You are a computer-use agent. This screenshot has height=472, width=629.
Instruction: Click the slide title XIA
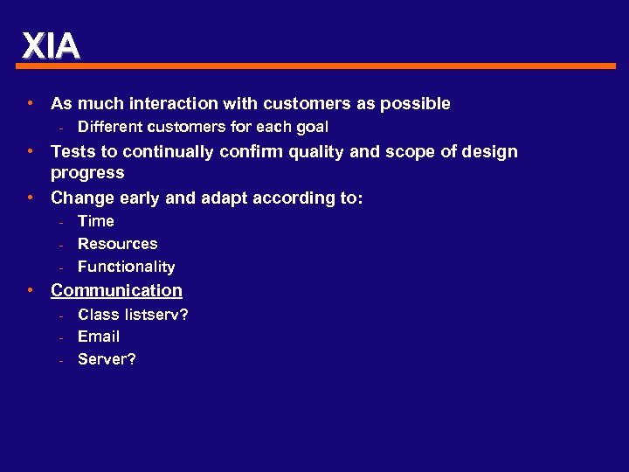click(51, 45)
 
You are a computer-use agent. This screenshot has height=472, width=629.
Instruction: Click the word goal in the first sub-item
click(311, 128)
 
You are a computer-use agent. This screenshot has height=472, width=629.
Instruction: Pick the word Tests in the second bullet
click(73, 152)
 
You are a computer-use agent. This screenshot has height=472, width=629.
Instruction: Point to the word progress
click(87, 173)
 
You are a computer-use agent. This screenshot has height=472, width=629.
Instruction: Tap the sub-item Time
click(96, 221)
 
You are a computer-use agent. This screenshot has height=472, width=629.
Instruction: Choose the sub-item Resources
click(118, 244)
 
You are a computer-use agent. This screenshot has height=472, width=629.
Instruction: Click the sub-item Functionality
click(127, 267)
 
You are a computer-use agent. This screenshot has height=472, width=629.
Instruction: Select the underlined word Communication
click(116, 290)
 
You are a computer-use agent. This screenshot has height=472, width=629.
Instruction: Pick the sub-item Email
click(99, 337)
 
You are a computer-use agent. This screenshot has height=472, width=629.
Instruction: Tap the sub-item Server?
click(107, 359)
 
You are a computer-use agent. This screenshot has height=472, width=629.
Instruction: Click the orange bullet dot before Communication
click(31, 290)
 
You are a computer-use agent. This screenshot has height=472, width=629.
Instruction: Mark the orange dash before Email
click(63, 337)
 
